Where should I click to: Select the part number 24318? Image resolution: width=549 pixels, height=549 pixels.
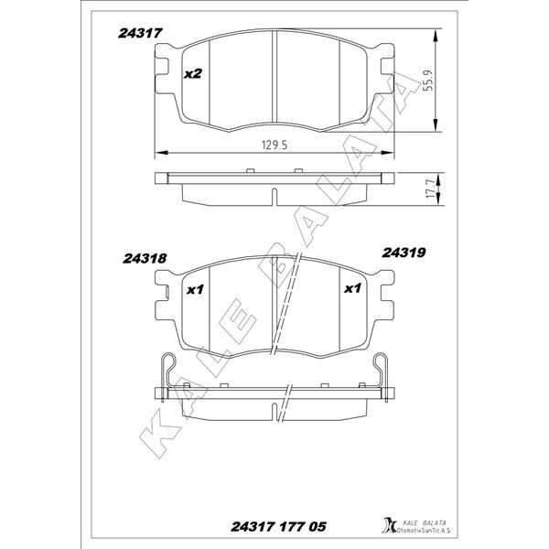coord(144,258)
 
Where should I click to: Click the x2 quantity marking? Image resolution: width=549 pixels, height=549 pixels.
coord(192,74)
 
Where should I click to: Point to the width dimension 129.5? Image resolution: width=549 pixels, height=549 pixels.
coord(276,145)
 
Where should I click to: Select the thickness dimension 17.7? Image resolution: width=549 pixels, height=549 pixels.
coord(428,191)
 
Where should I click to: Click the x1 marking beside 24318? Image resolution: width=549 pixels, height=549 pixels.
coord(194,290)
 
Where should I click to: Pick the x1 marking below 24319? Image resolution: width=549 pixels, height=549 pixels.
coord(350,289)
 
